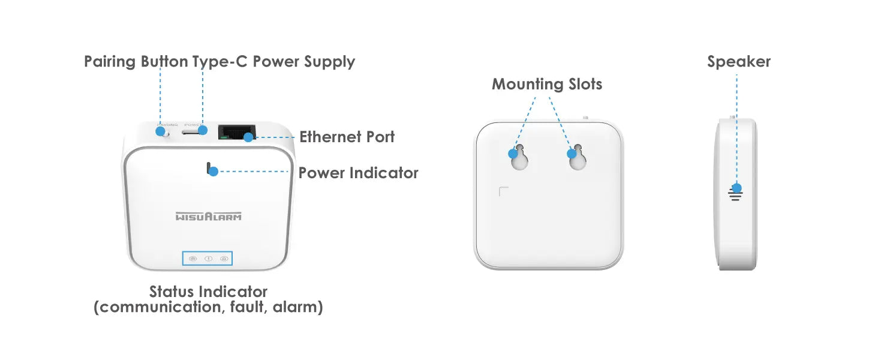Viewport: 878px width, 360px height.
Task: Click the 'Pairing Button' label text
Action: pos(136,62)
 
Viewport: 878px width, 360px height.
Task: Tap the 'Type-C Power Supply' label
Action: pos(273,62)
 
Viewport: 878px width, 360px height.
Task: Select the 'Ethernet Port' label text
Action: pos(347,137)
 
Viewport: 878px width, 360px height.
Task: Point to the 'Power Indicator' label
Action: pos(358,173)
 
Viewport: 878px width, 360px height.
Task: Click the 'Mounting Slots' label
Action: pos(546,84)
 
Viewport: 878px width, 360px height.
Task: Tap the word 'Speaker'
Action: pos(738,62)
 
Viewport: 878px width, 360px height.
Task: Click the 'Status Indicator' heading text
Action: pos(208,292)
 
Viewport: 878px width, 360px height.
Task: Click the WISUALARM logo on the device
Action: pos(209,216)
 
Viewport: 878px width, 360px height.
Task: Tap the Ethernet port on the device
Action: pos(236,131)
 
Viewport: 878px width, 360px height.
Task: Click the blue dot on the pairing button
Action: pos(161,130)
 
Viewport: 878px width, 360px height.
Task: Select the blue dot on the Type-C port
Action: pos(203,130)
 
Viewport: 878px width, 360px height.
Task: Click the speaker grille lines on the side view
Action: pos(736,195)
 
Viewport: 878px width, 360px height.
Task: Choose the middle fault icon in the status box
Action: pos(208,259)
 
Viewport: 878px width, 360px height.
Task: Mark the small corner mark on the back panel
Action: pos(503,191)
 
